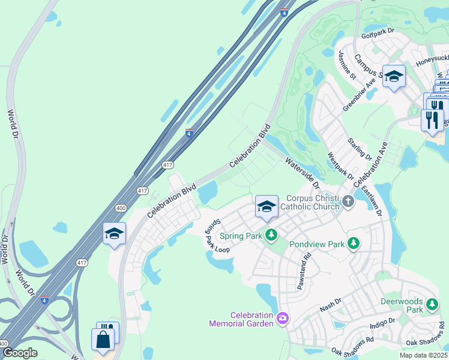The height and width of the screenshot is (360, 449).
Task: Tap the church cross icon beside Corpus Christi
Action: click(x=347, y=203)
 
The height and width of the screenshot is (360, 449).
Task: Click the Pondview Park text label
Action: click(x=316, y=244)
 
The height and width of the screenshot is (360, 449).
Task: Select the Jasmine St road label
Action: click(x=347, y=64)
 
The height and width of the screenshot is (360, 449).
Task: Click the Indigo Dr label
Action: click(x=382, y=323)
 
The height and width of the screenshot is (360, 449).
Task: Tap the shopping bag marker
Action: click(x=103, y=339)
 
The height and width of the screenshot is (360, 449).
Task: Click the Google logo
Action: click(x=20, y=352)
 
